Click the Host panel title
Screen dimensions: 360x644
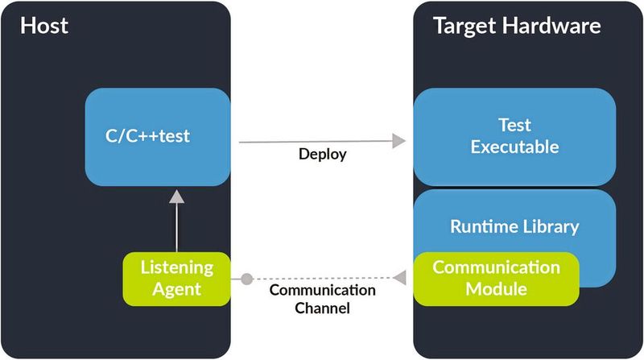44,26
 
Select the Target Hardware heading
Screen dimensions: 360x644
517,26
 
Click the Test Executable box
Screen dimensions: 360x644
514,137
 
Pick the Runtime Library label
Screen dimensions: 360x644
514,226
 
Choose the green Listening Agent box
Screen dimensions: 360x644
177,277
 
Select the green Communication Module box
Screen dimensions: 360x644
496,278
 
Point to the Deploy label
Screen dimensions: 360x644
323,155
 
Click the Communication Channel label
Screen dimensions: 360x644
322,299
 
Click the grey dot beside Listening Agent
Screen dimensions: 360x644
247,279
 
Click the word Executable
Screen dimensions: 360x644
514,147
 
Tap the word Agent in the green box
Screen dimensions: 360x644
177,288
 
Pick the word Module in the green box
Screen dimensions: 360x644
496,288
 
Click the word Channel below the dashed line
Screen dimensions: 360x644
322,308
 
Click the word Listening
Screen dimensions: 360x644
177,267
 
